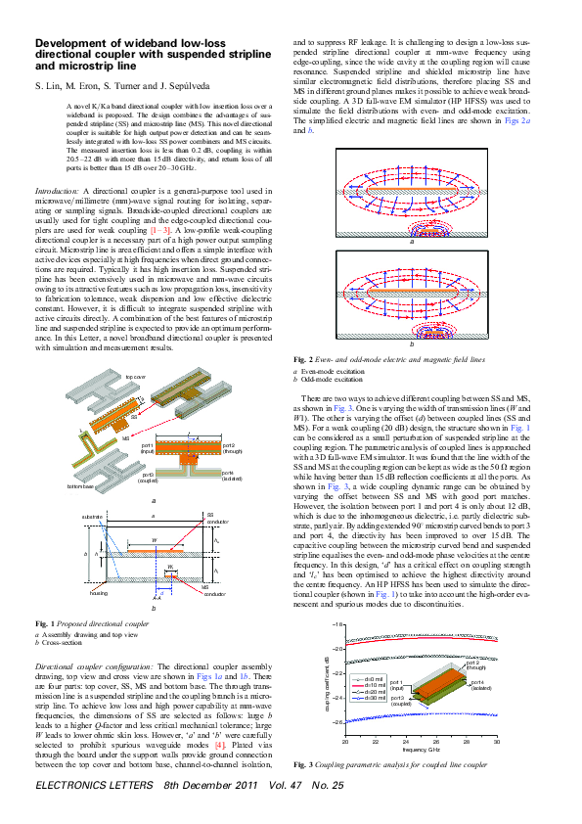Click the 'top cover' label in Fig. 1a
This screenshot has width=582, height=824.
134,375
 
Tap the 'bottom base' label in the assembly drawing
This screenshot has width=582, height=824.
80,485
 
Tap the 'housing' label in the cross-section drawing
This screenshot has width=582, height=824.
97,593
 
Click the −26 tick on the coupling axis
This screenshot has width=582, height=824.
337,721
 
